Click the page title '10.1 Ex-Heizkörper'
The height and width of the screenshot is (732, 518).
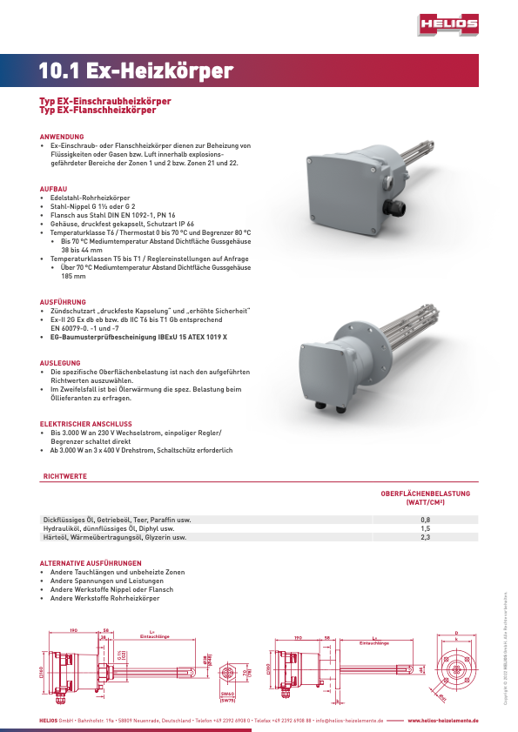[x=136, y=71]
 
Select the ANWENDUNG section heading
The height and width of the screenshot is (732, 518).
[x=62, y=138]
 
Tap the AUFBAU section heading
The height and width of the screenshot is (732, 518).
[x=53, y=189]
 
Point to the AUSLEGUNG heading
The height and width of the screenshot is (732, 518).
[x=60, y=362]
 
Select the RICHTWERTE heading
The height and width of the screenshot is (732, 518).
[x=64, y=477]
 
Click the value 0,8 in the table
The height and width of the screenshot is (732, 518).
[x=426, y=520]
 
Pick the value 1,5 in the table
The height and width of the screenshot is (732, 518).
[x=426, y=528]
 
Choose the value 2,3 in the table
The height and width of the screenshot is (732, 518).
[x=426, y=538]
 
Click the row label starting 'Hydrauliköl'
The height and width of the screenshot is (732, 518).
[x=104, y=528]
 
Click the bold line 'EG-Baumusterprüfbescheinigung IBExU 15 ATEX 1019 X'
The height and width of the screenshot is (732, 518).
[x=138, y=336]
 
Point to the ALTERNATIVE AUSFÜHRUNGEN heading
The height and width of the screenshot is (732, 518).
[x=91, y=563]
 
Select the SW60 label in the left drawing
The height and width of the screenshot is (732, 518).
[x=228, y=694]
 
